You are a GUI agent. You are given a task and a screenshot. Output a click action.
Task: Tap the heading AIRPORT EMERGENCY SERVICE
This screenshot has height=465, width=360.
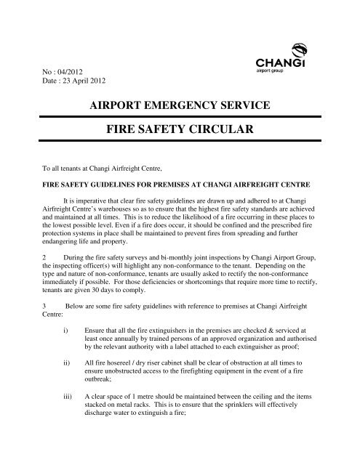pyautogui.click(x=180, y=106)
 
